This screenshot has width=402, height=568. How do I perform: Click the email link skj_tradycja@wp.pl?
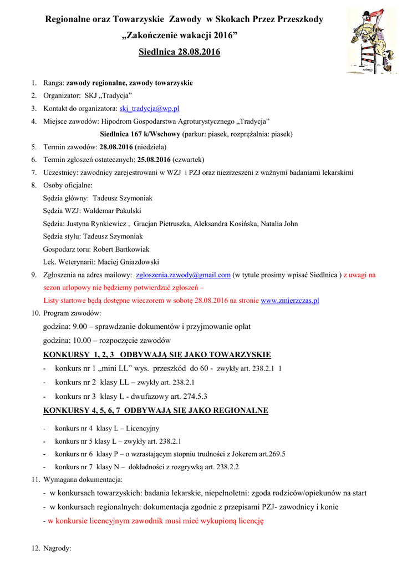[149, 108]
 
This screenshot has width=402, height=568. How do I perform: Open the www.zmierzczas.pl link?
[290, 300]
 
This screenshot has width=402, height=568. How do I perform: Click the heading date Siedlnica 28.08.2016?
[179, 52]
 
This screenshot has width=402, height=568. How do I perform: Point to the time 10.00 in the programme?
[81, 340]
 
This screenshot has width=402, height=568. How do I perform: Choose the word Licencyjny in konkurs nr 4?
[143, 428]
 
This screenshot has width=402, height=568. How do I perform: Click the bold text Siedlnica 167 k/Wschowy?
[140, 134]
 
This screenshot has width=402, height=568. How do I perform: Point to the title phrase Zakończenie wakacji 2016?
[179, 35]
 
